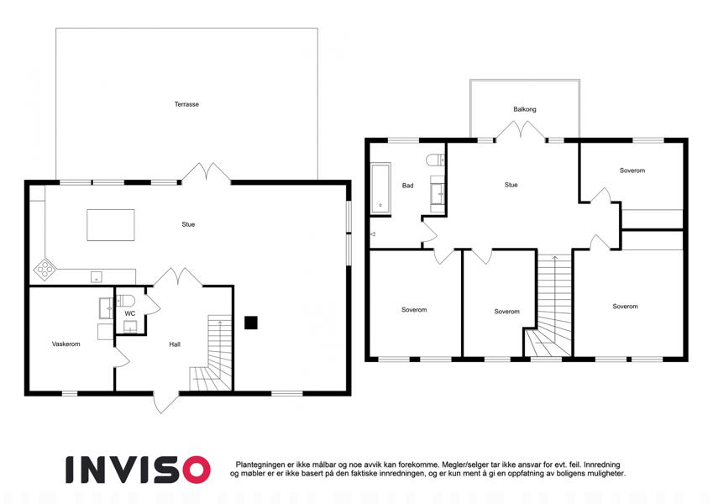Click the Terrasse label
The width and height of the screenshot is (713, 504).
coord(186,104)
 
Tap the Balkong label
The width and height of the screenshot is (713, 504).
coord(525,109)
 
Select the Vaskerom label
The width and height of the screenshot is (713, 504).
coord(66,344)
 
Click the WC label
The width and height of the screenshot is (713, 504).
coord(130,313)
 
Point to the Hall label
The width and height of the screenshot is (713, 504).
coord(175,344)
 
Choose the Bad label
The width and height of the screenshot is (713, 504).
coord(407,186)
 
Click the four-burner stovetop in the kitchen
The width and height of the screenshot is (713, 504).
coord(45,269)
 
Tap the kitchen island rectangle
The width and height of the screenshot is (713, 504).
coord(111,225)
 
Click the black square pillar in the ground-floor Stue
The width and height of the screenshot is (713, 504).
coord(251,323)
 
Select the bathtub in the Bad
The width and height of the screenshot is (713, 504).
coord(381,188)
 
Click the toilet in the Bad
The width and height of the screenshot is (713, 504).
coord(435,160)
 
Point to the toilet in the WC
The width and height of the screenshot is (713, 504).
coord(125,301)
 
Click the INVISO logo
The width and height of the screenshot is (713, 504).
coord(139,470)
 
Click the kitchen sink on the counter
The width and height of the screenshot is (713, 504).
coord(97,276)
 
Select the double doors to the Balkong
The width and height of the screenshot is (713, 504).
coord(521,130)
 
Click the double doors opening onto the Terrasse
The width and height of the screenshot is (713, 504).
coord(207,173)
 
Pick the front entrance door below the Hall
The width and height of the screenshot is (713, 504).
coord(165,402)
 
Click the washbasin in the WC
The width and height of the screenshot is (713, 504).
coord(130,327)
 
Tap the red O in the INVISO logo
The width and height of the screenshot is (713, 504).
coord(197,470)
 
